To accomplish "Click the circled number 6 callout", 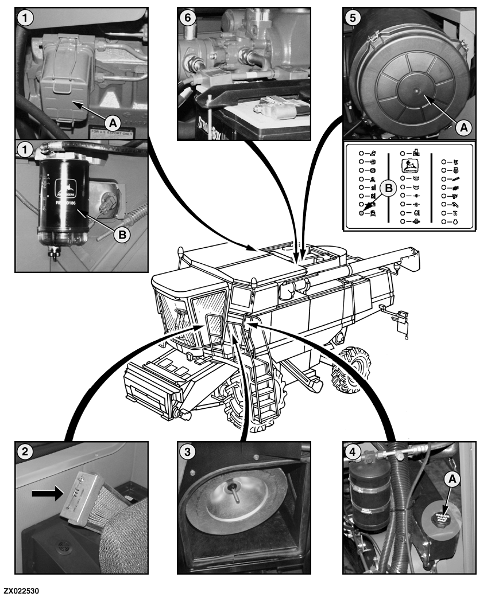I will (187, 17).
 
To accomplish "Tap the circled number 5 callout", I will (353, 17).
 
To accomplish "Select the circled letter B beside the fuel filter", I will (121, 233).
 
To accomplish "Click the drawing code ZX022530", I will (22, 590).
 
